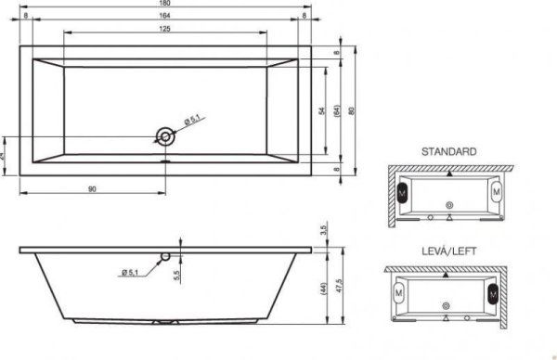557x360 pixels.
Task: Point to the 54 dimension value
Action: point(321,111)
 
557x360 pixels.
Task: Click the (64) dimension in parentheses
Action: point(338,111)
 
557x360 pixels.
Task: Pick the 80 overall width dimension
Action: point(351,111)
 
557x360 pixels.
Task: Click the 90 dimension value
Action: point(93,189)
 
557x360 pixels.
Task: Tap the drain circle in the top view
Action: point(165,136)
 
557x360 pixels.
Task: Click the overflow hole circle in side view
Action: point(165,255)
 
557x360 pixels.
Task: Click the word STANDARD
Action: point(448,150)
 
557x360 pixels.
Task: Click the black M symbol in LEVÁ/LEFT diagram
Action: point(488,294)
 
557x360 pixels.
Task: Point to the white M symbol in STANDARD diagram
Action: point(498,191)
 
